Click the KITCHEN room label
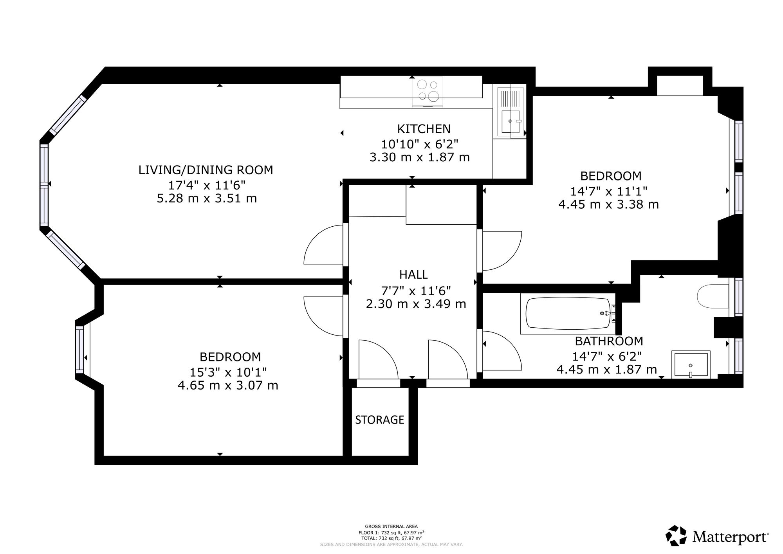(424, 129)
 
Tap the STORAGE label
(379, 420)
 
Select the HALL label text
(413, 274)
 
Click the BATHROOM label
(609, 341)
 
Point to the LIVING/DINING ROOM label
(206, 170)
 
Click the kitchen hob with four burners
(428, 92)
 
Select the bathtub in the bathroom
(568, 314)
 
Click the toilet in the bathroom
(713, 296)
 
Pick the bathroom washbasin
(691, 365)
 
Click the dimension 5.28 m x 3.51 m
(207, 199)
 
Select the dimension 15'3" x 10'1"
(228, 372)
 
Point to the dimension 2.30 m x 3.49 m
(416, 304)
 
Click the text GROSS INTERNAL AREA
(391, 527)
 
